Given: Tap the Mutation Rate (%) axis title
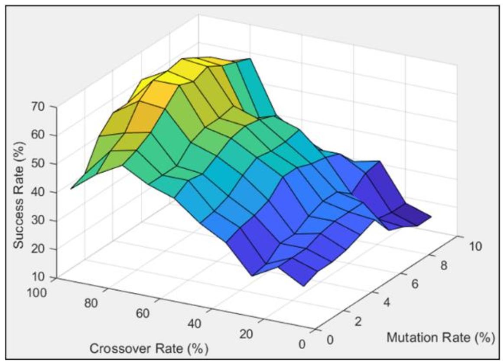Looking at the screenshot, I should (440, 337).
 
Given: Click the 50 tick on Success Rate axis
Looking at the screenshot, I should (41, 163).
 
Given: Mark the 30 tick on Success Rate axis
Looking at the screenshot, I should (41, 220).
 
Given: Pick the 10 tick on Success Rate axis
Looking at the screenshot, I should (41, 277).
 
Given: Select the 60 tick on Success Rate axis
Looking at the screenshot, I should (41, 134).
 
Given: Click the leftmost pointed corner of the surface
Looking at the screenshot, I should (71, 189).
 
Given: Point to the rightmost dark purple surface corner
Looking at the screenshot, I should (432, 216).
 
